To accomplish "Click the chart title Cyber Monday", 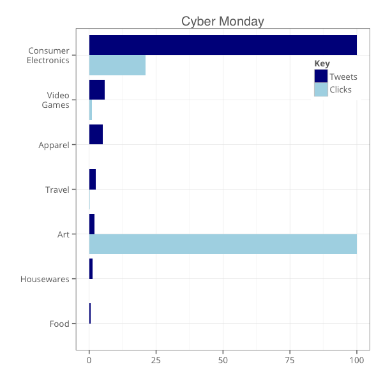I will point(222,21).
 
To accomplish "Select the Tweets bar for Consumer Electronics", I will point(223,45).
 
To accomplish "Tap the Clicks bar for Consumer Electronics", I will point(117,65).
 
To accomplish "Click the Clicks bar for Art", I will point(223,244).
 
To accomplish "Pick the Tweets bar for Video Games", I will point(97,90).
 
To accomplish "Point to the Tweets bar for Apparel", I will point(96,135).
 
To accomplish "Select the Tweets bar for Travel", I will point(93,179).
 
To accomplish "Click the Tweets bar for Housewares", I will point(91,269).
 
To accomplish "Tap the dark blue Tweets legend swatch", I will point(321,77).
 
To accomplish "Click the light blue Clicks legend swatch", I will point(321,89).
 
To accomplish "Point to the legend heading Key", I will point(322,64).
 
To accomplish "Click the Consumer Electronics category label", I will point(48,56).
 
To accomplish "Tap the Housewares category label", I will point(45,279).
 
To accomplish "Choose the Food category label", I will point(59,324).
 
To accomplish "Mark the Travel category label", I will point(57,190).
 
